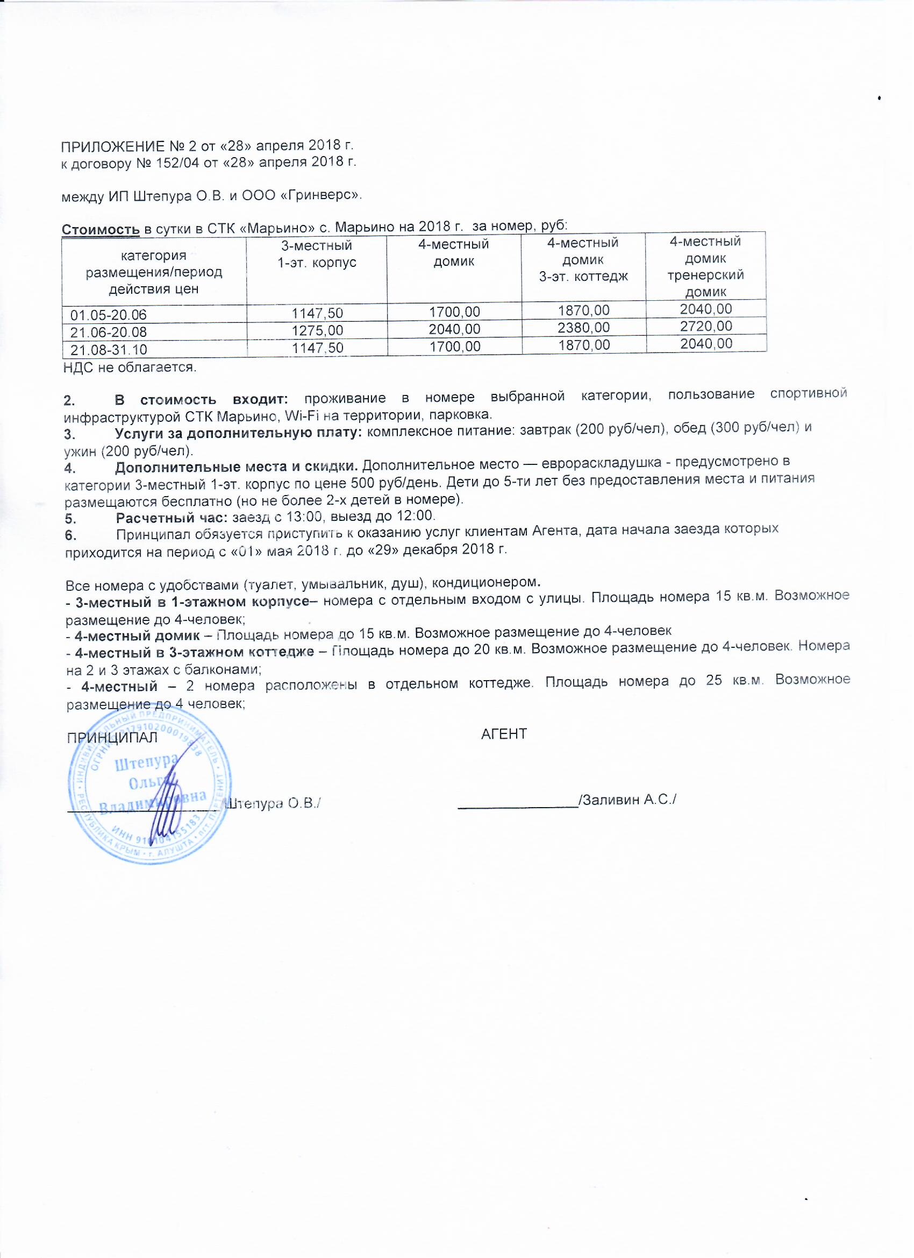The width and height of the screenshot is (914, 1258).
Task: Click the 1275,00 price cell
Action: pyautogui.click(x=318, y=330)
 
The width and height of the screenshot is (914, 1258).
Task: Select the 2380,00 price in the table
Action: pyautogui.click(x=584, y=328)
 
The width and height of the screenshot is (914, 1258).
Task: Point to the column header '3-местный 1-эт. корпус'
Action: pyautogui.click(x=317, y=254)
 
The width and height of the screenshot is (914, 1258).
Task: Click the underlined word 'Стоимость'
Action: pyautogui.click(x=102, y=229)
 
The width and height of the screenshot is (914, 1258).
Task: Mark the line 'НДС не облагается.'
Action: pyautogui.click(x=131, y=367)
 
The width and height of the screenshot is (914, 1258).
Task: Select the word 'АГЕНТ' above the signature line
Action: pyautogui.click(x=504, y=734)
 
